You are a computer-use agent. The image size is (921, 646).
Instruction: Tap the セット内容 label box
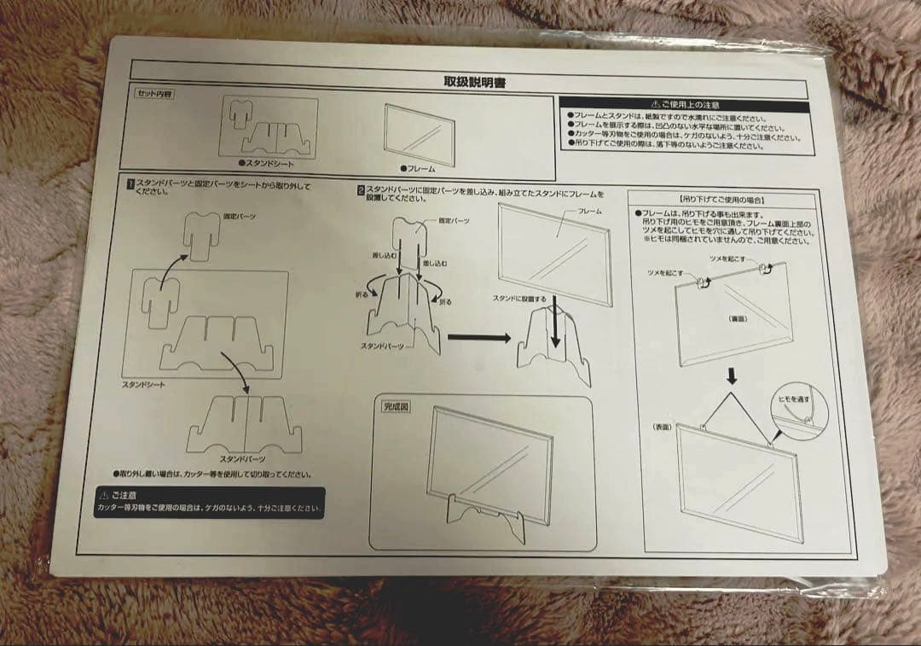pyautogui.click(x=153, y=94)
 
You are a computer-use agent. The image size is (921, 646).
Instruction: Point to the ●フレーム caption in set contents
pyautogui.click(x=418, y=168)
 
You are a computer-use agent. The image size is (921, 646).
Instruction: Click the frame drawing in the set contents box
pyautogui.click(x=419, y=133)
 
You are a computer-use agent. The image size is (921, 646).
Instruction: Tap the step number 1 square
pyautogui.click(x=130, y=183)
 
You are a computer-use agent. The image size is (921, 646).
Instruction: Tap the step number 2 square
pyautogui.click(x=361, y=191)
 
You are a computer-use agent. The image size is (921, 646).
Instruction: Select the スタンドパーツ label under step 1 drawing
pyautogui.click(x=245, y=458)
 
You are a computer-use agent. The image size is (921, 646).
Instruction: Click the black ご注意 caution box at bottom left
pyautogui.click(x=209, y=503)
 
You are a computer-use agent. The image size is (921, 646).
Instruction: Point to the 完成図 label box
pyautogui.click(x=396, y=407)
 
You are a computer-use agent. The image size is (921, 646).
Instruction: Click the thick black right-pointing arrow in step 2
pyautogui.click(x=478, y=337)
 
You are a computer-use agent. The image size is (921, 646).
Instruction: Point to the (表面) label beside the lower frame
pyautogui.click(x=663, y=426)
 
